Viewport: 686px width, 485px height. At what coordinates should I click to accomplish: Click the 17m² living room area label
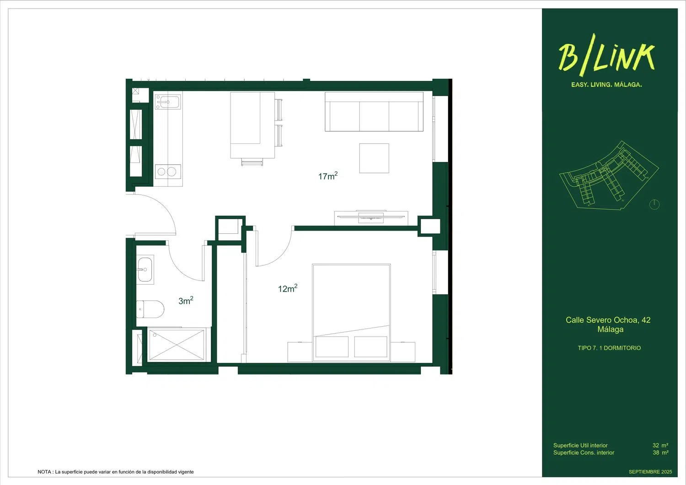point(328,176)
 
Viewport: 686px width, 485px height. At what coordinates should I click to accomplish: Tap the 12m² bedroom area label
point(288,288)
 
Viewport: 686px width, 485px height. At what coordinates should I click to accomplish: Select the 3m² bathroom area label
point(186,301)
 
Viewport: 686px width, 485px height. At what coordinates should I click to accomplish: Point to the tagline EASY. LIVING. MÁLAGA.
point(606,85)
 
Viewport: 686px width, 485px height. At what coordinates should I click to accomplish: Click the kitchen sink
point(168,102)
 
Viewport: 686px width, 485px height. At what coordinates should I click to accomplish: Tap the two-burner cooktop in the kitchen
point(168,172)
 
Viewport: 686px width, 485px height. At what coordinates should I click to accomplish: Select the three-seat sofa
point(374,112)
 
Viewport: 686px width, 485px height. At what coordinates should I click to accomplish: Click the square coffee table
point(374,158)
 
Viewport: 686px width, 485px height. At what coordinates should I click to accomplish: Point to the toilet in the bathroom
point(150,309)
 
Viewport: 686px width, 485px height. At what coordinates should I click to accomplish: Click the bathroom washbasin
point(145,269)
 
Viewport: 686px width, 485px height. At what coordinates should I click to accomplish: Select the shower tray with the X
point(177,345)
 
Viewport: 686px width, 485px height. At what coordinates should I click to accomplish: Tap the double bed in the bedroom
point(351,313)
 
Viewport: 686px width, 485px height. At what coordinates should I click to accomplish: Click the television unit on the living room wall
point(371,217)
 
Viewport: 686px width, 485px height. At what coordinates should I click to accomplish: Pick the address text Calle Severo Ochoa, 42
point(608,320)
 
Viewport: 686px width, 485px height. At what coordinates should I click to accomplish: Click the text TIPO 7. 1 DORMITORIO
point(609,348)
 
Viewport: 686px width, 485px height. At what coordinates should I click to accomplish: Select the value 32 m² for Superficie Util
point(660,445)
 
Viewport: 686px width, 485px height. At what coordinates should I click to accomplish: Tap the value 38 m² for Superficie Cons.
point(660,453)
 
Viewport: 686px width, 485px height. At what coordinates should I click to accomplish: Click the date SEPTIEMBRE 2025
point(650,472)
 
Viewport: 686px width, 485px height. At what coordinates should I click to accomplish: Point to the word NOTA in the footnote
point(44,472)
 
